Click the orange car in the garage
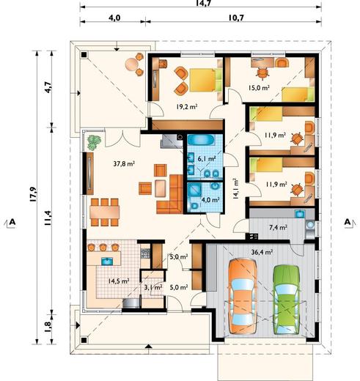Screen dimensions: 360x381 (x=243, y=296)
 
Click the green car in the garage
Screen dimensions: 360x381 (x=287, y=300)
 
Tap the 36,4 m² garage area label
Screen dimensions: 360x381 (x=262, y=252)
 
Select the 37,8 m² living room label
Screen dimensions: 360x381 (x=124, y=163)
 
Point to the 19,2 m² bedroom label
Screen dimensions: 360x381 (x=187, y=106)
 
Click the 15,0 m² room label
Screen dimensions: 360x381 (x=259, y=88)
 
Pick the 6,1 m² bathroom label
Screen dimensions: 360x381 (x=207, y=159)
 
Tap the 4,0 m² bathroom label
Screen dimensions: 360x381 (x=210, y=199)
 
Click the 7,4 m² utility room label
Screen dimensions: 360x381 (x=278, y=228)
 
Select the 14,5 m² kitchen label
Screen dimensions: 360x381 (x=119, y=281)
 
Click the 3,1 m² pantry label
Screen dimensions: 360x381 (x=153, y=287)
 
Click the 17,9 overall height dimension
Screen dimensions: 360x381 (x=33, y=194)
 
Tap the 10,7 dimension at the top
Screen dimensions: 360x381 (x=236, y=18)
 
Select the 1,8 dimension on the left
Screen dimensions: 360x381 (x=48, y=327)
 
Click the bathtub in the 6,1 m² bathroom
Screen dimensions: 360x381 (x=201, y=141)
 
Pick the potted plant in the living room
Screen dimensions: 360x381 (x=94, y=142)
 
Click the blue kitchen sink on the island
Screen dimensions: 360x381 (x=107, y=261)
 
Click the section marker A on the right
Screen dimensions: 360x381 (x=348, y=222)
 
